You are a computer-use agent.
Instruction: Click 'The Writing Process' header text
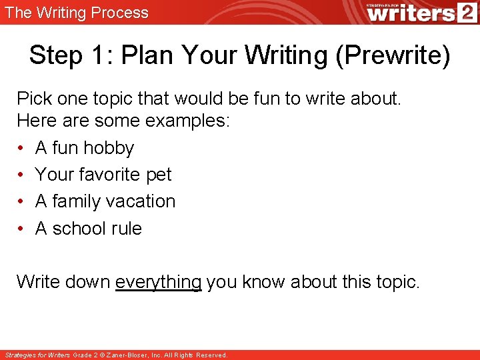coord(77,13)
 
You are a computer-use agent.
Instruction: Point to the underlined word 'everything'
coord(158,282)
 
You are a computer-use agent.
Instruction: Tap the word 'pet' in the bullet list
coord(159,175)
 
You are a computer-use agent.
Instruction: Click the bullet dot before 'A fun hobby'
coord(21,148)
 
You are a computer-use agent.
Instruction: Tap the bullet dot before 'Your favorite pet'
coord(21,175)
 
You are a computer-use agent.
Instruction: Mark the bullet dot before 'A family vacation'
coord(21,201)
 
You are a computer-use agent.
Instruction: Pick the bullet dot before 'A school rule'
coord(21,229)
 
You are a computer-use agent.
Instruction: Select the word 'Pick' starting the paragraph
coord(33,99)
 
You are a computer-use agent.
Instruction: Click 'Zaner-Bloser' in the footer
coord(133,355)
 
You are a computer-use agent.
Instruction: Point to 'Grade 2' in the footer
coord(85,355)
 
